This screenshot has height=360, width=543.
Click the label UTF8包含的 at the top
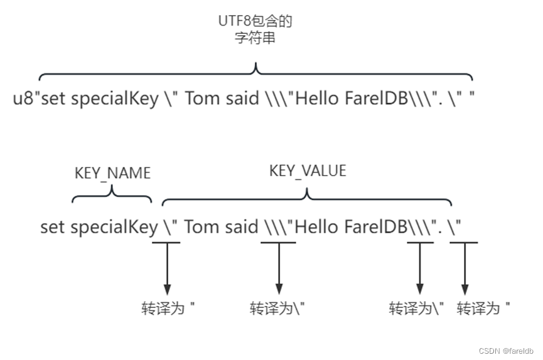pyautogui.click(x=255, y=21)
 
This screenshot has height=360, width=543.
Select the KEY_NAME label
pyautogui.click(x=112, y=174)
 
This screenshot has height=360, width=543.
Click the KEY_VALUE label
pyautogui.click(x=308, y=171)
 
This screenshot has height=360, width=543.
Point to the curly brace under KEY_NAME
pyautogui.click(x=112, y=195)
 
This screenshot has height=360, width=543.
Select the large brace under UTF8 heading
pyautogui.click(x=255, y=71)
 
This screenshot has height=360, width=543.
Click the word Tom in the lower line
pyautogui.click(x=201, y=227)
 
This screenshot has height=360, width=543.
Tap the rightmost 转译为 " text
pyautogui.click(x=483, y=309)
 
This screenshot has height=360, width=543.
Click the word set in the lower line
pyautogui.click(x=53, y=227)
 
